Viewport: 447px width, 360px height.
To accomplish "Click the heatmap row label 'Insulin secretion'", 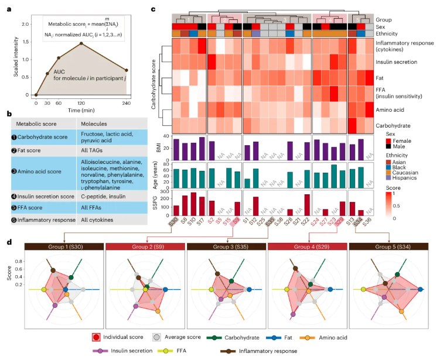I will (x=397, y=61).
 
